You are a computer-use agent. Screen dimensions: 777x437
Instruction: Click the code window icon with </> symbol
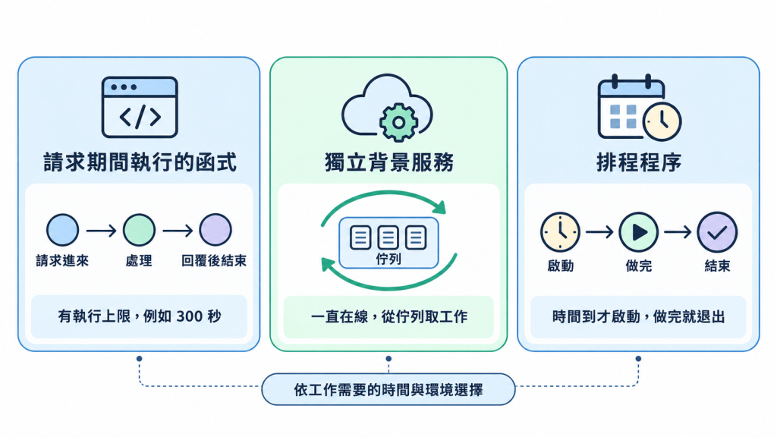click(140, 107)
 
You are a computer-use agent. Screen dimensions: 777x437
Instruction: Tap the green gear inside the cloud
click(398, 122)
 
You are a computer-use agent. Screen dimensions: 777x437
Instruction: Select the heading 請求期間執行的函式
click(140, 162)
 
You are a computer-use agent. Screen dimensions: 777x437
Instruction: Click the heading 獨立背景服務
click(389, 162)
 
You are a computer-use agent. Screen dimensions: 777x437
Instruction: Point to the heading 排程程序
click(639, 162)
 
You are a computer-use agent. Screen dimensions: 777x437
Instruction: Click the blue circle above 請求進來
click(62, 230)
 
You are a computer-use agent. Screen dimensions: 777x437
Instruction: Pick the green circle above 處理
click(139, 230)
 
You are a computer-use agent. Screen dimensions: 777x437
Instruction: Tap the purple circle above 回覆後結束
click(215, 230)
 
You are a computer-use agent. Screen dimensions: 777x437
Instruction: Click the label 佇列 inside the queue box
click(388, 259)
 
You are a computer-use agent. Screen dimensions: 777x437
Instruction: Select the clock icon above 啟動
click(560, 232)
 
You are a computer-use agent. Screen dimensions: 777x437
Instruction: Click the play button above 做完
click(639, 232)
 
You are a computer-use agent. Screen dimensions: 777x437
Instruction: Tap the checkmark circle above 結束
click(717, 232)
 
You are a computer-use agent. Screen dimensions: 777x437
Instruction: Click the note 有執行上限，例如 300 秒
click(140, 316)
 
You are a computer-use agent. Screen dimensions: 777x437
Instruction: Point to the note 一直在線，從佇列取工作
click(389, 316)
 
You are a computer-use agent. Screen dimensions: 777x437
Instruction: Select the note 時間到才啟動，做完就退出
click(639, 316)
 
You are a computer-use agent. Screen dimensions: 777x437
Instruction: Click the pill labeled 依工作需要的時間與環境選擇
click(388, 389)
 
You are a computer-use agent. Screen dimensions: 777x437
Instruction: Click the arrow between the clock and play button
click(599, 231)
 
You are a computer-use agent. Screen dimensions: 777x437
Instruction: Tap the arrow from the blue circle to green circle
click(101, 231)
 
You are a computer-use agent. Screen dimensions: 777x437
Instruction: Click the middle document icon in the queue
click(388, 237)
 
